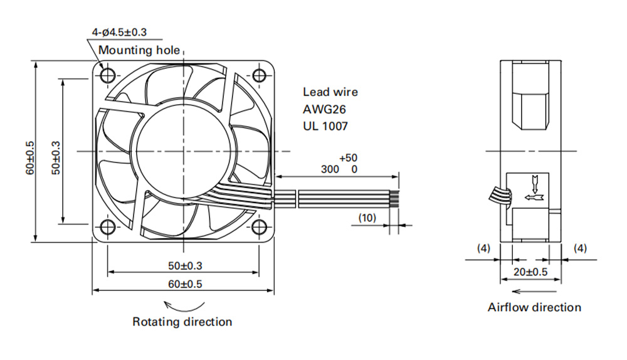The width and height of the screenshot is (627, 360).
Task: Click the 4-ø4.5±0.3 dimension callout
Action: [119, 32]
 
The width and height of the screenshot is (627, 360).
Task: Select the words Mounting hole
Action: [139, 50]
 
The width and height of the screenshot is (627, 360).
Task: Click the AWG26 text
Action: [324, 109]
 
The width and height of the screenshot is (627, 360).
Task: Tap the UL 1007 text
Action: [325, 127]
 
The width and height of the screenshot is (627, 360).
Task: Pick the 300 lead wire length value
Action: [330, 169]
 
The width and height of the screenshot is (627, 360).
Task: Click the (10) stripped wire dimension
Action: [367, 218]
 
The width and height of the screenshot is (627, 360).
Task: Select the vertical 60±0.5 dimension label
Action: [30, 157]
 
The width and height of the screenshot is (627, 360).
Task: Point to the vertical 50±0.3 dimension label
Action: [56, 157]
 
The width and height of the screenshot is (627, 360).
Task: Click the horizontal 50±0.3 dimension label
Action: [185, 265]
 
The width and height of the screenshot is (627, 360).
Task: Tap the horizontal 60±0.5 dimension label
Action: [185, 284]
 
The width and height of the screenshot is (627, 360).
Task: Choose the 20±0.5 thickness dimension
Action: [530, 272]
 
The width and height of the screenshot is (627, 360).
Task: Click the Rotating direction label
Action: [182, 322]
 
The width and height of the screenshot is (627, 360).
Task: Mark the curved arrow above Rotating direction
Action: [184, 308]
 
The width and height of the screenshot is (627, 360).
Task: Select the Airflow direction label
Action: [535, 307]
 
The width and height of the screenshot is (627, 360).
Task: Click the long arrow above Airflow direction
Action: [534, 291]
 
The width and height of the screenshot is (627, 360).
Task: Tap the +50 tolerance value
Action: [348, 157]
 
